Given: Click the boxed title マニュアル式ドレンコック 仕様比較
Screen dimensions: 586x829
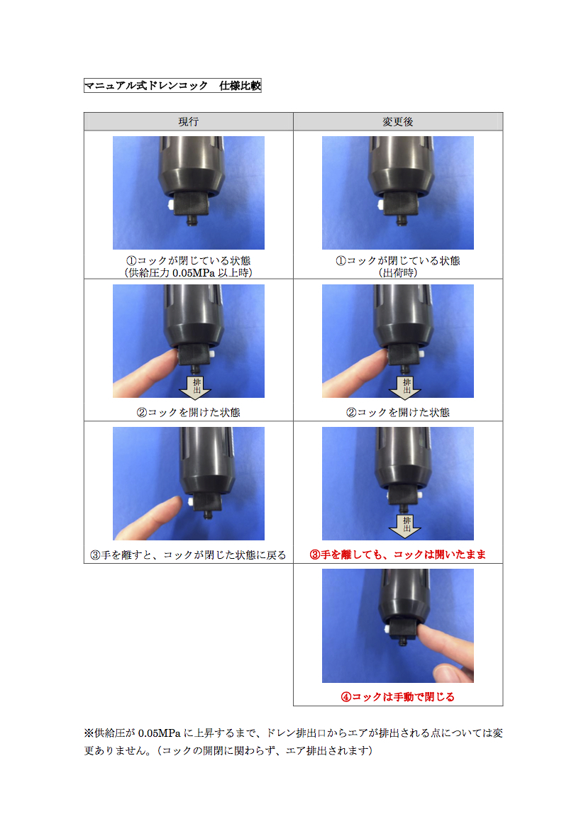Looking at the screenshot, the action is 172,86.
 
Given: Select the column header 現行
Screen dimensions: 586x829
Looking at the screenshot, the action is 188,121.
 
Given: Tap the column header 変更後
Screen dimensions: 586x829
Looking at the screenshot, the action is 398,121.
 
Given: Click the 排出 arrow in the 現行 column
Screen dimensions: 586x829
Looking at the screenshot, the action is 195,387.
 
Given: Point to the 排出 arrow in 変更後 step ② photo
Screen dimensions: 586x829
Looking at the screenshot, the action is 404,387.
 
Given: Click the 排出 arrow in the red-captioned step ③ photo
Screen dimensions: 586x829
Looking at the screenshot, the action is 404,526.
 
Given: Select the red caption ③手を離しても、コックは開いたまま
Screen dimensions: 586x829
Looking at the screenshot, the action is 398,555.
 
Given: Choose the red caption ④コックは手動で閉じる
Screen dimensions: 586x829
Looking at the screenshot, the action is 398,697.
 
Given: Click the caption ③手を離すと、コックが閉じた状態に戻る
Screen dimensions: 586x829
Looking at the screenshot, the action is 188,555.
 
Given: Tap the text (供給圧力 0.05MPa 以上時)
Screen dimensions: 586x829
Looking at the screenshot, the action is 188,273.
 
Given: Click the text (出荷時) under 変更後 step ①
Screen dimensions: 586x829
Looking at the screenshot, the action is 398,273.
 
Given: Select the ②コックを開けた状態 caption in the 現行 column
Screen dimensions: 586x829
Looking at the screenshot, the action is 188,413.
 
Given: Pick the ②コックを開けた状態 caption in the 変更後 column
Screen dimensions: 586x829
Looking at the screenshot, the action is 398,413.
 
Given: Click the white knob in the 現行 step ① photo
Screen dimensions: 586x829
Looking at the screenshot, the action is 171,204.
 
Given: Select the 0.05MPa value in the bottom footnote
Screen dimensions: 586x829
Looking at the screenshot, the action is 160,733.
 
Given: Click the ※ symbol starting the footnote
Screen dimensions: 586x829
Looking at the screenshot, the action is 89,733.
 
